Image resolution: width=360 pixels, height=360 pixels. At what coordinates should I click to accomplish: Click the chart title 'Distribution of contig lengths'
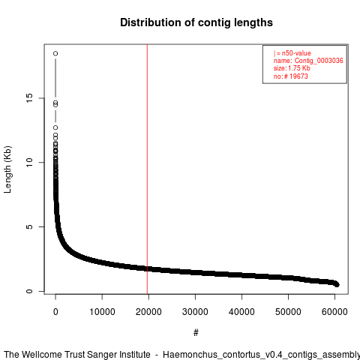click(196, 22)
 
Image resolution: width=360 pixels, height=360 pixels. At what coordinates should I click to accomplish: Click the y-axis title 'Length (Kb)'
click(7, 169)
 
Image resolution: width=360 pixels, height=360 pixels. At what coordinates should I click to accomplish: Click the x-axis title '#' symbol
click(196, 332)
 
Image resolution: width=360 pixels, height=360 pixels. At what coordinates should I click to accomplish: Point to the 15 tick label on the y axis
click(29, 97)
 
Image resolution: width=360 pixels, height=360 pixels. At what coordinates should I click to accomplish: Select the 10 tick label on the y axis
click(29, 162)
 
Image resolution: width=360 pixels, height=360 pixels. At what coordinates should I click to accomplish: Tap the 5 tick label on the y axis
click(29, 226)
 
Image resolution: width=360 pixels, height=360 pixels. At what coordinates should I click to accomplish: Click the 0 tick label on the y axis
click(29, 291)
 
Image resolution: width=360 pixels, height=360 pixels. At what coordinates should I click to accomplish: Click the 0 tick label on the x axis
click(55, 312)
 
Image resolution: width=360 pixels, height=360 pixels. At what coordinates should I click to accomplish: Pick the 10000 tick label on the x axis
click(102, 312)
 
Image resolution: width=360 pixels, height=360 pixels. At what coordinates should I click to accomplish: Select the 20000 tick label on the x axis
click(148, 312)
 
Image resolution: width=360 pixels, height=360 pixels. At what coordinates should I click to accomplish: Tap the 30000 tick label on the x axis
click(195, 312)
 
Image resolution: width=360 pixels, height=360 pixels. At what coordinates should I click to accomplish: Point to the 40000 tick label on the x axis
click(241, 312)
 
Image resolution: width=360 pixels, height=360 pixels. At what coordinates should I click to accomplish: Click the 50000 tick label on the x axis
click(288, 312)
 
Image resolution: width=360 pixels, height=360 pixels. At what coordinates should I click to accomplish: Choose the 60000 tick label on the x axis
click(334, 312)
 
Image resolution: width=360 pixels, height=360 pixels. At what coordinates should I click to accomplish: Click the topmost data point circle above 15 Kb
click(55, 53)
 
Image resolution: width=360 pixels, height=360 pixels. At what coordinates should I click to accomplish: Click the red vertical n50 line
click(147, 169)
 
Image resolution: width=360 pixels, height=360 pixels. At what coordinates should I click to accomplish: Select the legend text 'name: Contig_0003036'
click(308, 61)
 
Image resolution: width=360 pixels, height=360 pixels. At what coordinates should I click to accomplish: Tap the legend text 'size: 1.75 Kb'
click(292, 68)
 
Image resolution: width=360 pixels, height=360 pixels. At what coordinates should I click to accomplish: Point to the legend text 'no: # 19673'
click(290, 76)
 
